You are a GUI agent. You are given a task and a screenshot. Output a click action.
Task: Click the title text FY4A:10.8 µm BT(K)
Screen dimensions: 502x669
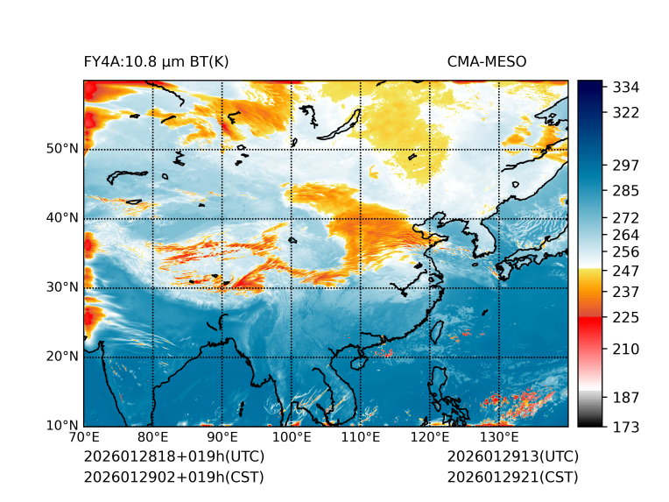tap(156, 61)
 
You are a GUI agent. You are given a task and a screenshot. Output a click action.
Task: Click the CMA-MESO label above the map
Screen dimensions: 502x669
tap(486, 61)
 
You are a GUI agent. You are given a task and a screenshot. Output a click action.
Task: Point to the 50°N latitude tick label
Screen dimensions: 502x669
tap(62, 149)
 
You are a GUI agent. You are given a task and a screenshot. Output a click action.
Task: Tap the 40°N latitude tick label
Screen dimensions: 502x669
tap(62, 218)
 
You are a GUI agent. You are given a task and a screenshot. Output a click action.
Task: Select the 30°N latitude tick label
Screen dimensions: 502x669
tap(62, 287)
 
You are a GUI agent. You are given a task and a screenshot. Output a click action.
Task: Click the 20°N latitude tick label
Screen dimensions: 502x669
tap(62, 357)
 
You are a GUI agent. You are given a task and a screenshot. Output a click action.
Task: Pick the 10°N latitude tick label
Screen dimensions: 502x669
tap(62, 426)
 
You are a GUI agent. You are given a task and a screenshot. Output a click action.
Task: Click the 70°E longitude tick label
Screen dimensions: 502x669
tap(84, 437)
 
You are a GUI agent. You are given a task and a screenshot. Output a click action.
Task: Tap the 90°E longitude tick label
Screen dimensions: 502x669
tap(222, 437)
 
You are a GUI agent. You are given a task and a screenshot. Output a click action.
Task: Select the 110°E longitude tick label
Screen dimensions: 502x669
tap(361, 437)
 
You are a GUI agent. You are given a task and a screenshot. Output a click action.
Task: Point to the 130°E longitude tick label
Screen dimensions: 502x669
tap(499, 437)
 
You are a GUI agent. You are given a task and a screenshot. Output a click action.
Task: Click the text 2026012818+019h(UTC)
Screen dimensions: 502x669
tap(173, 457)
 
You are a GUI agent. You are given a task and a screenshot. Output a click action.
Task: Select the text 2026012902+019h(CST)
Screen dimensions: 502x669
tap(173, 477)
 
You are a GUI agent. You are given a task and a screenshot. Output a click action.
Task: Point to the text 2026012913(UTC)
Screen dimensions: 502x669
tap(513, 457)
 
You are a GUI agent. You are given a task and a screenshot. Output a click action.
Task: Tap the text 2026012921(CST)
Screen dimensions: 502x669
tap(513, 477)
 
